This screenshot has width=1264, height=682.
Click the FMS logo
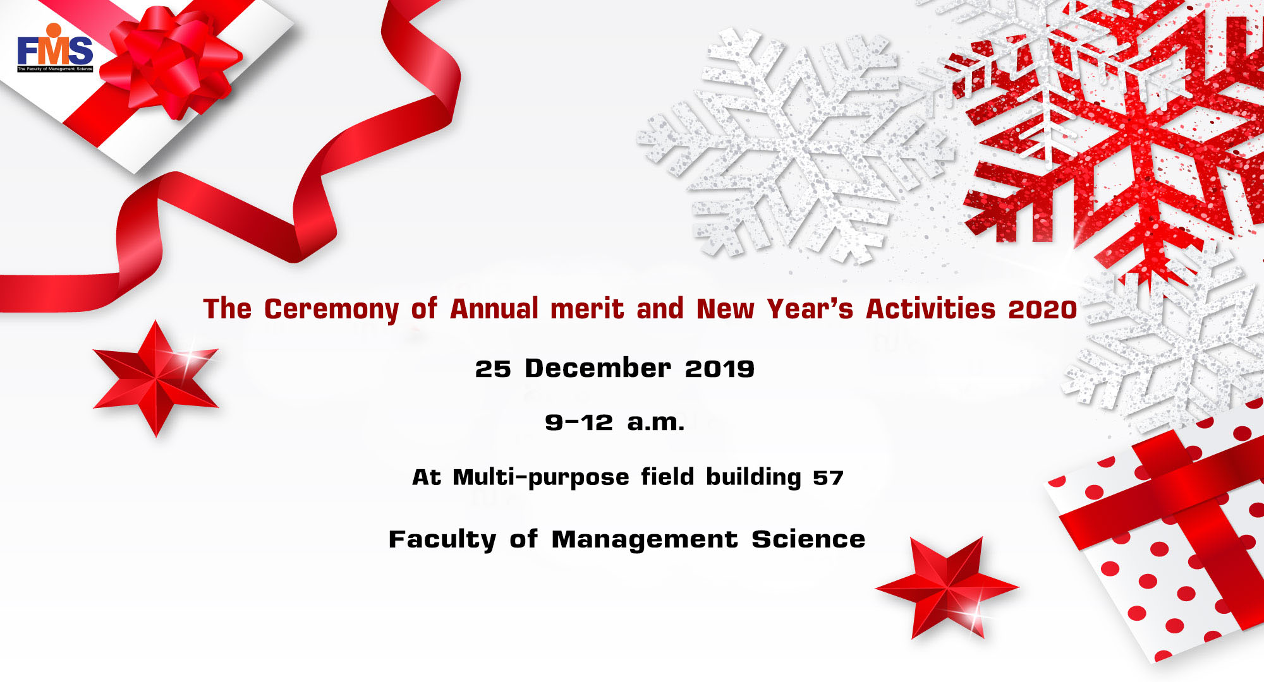coord(55,48)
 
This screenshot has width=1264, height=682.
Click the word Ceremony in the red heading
coord(331,310)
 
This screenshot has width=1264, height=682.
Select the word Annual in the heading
coord(494,309)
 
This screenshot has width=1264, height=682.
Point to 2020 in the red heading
coord(1043,309)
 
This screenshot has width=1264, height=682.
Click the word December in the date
coord(598,368)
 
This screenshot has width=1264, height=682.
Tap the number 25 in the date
coord(493,369)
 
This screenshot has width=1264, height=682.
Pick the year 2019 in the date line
coord(720,369)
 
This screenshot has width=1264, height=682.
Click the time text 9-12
coord(579,422)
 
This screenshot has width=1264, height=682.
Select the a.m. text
coord(656,423)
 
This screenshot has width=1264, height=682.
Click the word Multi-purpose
coord(541,477)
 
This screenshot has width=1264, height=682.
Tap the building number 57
coord(828,477)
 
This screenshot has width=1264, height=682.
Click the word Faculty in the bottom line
coord(442,540)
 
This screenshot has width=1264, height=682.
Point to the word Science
coord(808,539)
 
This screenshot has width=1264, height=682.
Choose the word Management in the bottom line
coord(645,540)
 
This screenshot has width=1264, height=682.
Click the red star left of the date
coord(155,378)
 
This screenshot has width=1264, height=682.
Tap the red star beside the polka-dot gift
coord(947,587)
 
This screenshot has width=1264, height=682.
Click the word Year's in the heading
coord(810,309)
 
